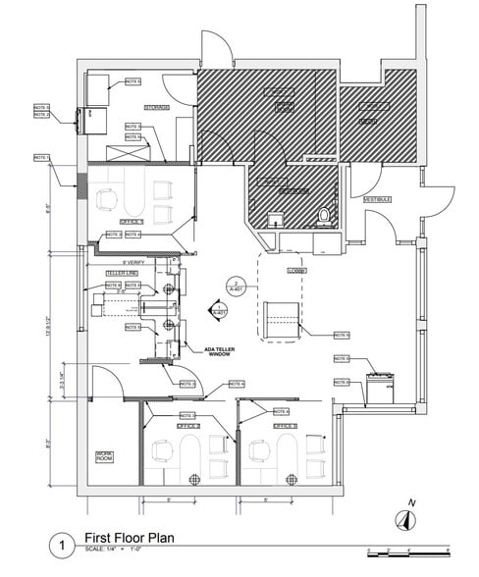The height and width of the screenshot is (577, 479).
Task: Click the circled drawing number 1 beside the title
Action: coord(64,543)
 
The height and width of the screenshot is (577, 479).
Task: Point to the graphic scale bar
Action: coord(406,550)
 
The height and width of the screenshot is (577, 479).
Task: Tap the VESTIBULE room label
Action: coord(378,199)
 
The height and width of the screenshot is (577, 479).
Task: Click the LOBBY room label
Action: coord(296,270)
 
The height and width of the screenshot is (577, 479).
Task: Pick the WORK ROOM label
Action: coord(105,455)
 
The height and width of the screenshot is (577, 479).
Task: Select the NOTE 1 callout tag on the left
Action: coord(42,157)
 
